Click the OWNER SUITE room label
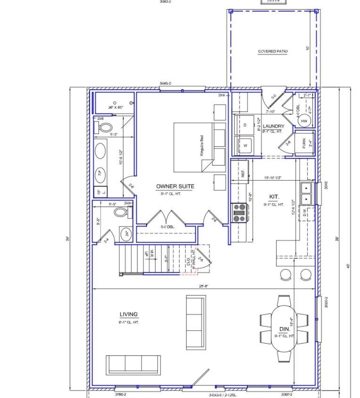(175, 186)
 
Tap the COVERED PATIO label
(273, 51)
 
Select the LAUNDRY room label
(273, 126)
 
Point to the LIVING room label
(129, 314)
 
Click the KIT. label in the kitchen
(274, 197)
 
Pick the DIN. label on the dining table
(284, 329)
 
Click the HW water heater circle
(304, 121)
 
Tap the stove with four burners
(239, 213)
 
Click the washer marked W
(245, 146)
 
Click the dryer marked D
(245, 125)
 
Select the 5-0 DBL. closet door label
(167, 227)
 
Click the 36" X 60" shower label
(116, 107)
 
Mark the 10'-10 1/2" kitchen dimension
(273, 178)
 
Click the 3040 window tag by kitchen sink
(326, 185)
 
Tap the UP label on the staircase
(146, 254)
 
